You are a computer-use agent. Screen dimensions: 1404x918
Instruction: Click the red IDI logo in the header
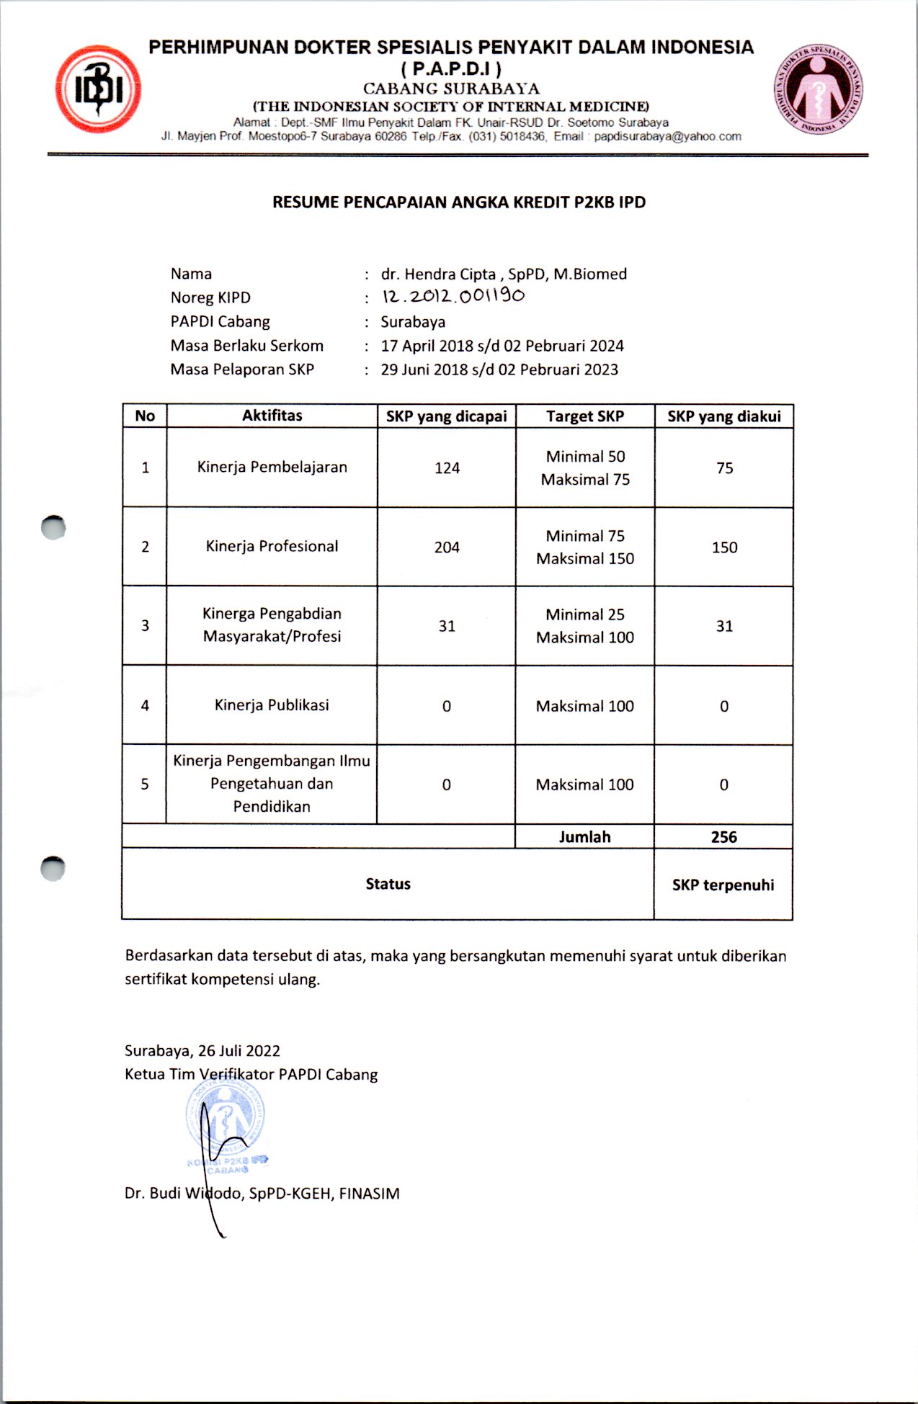98,89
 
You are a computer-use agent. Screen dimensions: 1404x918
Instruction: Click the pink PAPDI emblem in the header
819,89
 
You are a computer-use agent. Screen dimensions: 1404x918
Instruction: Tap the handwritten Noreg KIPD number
453,296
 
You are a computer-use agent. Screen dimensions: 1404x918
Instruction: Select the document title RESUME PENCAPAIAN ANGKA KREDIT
458,202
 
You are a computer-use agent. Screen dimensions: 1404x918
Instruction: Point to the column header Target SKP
584,416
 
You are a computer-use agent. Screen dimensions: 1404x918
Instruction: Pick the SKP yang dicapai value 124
447,468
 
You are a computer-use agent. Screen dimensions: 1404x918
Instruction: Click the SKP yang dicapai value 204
447,547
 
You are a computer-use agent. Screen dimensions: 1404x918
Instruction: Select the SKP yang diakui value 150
724,547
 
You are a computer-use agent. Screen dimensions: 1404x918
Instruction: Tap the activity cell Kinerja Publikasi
272,705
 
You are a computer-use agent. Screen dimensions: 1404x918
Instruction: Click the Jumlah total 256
723,837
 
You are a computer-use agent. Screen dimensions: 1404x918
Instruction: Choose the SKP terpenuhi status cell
723,885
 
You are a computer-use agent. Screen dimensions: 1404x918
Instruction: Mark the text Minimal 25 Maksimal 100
584,626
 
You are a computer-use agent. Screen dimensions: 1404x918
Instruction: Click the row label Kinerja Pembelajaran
272,467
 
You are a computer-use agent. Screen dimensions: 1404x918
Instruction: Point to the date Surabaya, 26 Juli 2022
202,1051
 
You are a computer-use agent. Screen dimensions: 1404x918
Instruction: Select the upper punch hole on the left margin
53,528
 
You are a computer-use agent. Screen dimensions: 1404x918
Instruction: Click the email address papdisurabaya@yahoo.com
667,136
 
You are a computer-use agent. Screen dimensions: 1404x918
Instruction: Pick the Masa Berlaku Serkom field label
246,346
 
